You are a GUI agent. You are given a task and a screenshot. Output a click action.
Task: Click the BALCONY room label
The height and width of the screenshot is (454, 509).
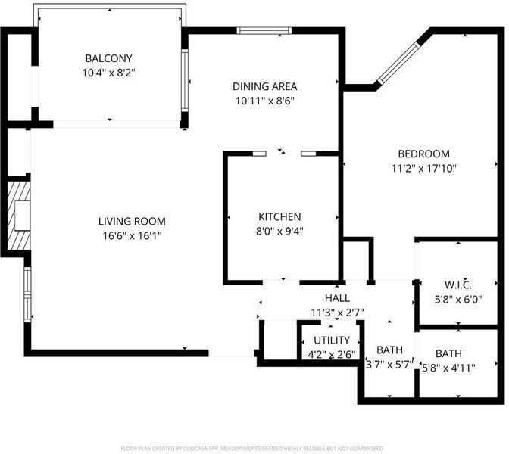108,58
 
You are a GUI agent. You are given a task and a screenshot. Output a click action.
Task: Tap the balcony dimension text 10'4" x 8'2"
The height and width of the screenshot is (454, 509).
108,73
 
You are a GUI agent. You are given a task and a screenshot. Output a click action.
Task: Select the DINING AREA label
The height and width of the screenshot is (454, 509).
265,86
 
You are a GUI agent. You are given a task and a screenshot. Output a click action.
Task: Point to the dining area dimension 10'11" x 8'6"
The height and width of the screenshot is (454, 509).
265,101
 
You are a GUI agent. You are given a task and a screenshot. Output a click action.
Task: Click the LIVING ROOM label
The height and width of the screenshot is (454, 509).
132,222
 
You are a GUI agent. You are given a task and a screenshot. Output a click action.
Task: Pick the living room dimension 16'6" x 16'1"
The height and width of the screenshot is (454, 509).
132,236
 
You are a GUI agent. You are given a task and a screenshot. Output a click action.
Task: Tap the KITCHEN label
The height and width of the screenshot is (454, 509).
279,216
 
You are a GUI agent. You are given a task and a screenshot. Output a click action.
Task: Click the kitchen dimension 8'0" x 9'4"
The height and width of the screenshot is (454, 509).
279,231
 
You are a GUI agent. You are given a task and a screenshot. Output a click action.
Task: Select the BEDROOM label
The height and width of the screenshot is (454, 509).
424,154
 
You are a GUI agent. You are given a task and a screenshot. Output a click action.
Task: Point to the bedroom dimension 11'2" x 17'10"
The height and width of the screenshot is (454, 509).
424,168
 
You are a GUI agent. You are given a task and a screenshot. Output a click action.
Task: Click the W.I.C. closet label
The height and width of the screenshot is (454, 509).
458,285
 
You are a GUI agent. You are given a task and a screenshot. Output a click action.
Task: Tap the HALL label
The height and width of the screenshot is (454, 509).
337,298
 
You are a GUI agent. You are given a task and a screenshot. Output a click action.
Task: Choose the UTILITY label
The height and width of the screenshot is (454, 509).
332,340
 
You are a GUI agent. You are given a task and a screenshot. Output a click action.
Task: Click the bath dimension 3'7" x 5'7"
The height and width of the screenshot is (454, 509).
389,365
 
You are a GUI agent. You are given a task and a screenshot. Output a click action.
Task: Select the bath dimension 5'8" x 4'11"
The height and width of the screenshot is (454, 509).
448,368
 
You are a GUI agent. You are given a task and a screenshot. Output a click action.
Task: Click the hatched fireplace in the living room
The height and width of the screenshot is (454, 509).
19,216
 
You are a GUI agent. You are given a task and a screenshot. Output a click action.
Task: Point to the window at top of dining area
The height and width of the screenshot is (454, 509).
264,31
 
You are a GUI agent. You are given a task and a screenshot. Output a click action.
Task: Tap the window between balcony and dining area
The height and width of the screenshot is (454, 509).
185,80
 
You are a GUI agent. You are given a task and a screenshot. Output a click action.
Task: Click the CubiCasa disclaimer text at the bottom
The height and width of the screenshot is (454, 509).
252,449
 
